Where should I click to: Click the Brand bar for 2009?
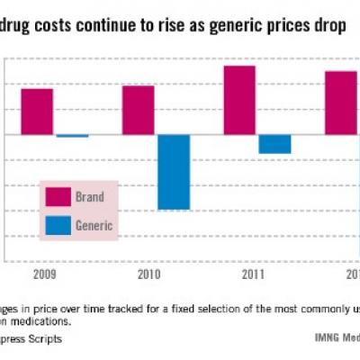pos(37,112)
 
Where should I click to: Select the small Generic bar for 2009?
pos(72,136)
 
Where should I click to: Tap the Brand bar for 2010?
pos(139,110)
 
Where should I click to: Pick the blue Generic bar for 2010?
pos(174,172)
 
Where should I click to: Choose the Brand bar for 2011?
pos(239,100)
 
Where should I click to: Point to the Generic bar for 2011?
pos(274,144)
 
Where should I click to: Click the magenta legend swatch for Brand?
pos(58,197)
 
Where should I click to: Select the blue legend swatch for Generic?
pos(58,226)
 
